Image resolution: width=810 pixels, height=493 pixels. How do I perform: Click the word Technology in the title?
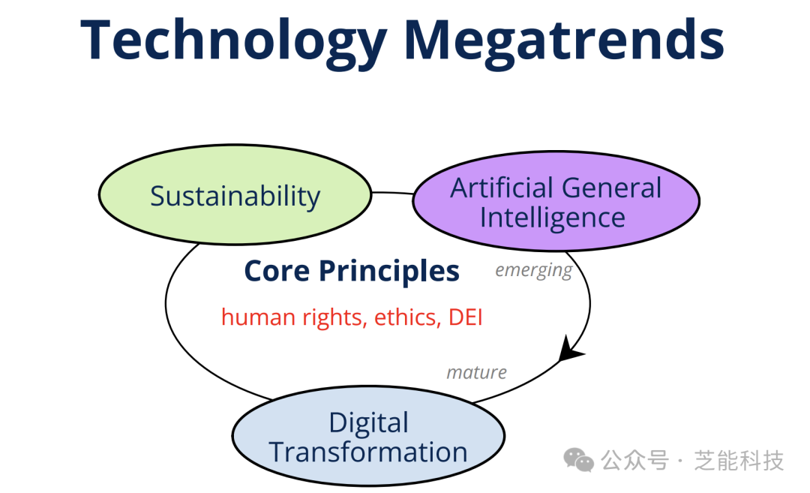pos(234,41)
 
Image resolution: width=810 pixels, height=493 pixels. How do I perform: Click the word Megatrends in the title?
pos(563,41)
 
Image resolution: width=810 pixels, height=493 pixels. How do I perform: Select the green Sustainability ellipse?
pos(235,194)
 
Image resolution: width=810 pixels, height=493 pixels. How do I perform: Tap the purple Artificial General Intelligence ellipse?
pos(556,201)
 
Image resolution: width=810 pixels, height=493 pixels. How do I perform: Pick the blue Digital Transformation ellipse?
pos(368,436)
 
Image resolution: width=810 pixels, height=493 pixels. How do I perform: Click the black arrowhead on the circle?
pos(569,350)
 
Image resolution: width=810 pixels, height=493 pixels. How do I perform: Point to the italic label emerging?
pos(534,270)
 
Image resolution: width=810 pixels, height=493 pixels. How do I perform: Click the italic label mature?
pos(476,372)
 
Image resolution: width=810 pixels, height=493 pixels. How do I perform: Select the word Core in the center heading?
pos(277,271)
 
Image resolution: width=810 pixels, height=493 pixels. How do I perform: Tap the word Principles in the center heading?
pos(389,272)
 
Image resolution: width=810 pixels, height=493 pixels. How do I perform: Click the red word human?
pos(258,317)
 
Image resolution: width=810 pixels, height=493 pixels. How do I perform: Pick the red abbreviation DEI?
pos(466,317)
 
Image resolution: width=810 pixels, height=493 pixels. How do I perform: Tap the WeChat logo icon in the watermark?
pos(578,460)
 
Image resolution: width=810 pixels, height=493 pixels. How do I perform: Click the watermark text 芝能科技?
pos(739,461)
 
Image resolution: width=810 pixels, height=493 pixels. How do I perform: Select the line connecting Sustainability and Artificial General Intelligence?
pos(392,194)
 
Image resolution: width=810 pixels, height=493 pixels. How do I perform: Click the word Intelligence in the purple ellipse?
pos(552,218)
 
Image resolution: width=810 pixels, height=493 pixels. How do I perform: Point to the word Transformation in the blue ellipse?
pos(368,452)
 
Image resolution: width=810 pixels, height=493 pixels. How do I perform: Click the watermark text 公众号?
pos(634,461)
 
